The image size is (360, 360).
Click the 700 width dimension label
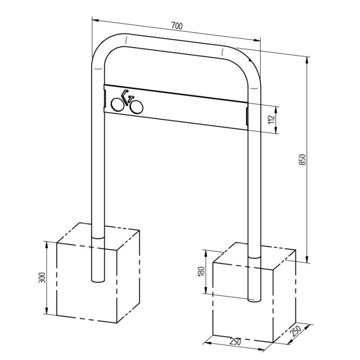point(176,27)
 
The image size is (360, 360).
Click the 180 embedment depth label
point(201,272)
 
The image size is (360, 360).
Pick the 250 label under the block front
point(235,342)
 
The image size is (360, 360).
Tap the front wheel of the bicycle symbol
point(136,107)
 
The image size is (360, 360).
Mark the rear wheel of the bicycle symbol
point(117,105)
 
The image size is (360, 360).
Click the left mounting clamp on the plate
point(104,96)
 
